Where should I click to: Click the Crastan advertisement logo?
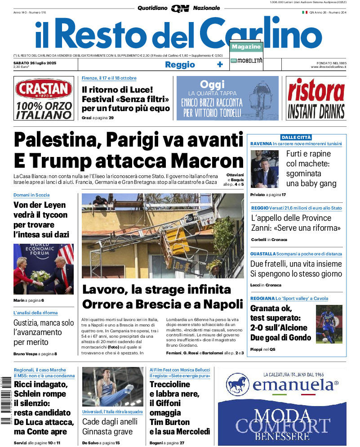click(44, 89)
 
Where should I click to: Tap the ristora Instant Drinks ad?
click(316, 98)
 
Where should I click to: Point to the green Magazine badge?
click(246, 47)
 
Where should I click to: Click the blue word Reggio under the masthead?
click(180, 65)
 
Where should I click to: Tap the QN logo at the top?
click(180, 8)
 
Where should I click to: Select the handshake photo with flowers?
click(44, 269)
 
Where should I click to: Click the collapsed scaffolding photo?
click(163, 236)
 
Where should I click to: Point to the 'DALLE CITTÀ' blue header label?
click(296, 137)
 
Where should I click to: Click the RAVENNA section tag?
click(261, 144)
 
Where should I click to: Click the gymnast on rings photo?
click(113, 387)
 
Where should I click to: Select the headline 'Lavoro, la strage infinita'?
click(156, 289)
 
